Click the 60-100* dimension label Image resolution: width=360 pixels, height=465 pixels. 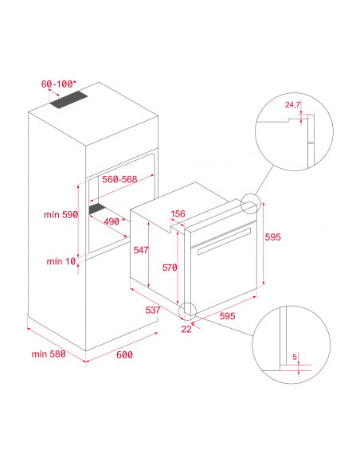click(x=58, y=84)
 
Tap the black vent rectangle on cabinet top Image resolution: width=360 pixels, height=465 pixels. click(x=68, y=100)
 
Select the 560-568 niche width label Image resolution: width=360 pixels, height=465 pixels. click(x=119, y=179)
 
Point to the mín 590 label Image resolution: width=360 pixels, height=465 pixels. click(x=61, y=214)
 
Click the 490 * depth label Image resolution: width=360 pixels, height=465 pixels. click(x=114, y=221)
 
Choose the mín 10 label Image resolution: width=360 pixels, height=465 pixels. click(x=61, y=261)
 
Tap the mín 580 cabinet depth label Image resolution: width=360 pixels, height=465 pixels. click(x=49, y=354)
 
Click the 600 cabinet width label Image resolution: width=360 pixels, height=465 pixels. click(x=124, y=354)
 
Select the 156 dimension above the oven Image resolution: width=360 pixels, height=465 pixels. click(x=178, y=213)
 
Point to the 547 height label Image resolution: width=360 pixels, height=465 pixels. click(x=140, y=250)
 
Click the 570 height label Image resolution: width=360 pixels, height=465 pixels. click(x=170, y=268)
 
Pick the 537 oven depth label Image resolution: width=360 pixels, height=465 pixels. click(x=153, y=310)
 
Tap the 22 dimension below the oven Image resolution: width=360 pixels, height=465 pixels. click(x=186, y=329)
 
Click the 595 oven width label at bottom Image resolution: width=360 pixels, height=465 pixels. click(x=227, y=316)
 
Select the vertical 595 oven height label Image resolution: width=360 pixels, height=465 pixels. click(x=272, y=237)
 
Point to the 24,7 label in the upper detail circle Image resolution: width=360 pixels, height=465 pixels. click(x=292, y=104)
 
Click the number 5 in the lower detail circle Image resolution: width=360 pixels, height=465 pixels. click(x=295, y=357)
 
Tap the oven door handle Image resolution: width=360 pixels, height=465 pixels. click(x=224, y=241)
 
